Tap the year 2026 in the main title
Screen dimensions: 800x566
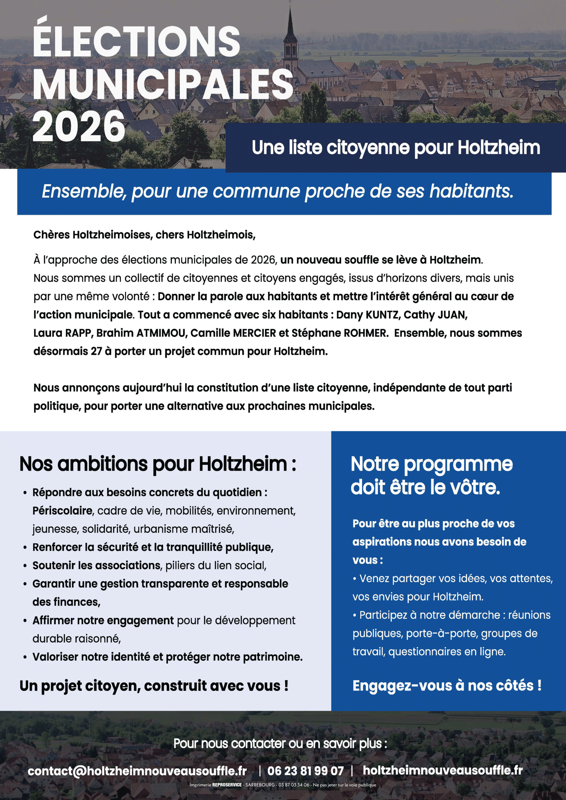(x=79, y=127)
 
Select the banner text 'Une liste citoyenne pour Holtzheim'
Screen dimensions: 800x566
(x=396, y=148)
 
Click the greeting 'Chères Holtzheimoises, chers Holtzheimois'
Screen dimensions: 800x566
(x=144, y=235)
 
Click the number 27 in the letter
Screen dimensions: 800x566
(x=96, y=351)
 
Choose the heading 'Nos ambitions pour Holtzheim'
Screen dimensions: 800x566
(x=157, y=464)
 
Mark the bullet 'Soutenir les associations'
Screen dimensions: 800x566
(x=96, y=565)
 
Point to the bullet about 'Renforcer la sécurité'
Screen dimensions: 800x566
(x=153, y=547)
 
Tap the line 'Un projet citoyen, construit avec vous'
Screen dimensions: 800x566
(x=154, y=686)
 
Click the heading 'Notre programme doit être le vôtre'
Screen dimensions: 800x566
(x=431, y=475)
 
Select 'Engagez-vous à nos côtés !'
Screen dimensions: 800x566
(x=447, y=685)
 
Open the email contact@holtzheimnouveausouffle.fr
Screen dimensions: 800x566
(x=137, y=771)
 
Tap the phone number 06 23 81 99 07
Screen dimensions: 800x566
(x=305, y=771)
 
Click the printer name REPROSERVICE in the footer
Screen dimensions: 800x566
(x=227, y=785)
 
